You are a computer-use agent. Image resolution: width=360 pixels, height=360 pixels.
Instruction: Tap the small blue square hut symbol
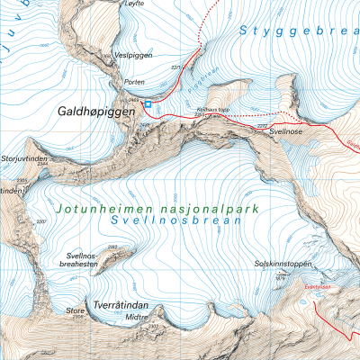pos(148,104)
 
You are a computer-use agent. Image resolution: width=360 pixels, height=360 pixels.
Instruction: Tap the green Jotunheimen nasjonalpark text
pos(156,208)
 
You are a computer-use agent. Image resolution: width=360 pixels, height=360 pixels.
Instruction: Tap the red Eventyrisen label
pos(319,287)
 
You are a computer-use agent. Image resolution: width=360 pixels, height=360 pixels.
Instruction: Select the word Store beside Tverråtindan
pos(76,310)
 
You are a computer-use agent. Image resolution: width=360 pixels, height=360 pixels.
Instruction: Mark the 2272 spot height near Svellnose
pos(263,126)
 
